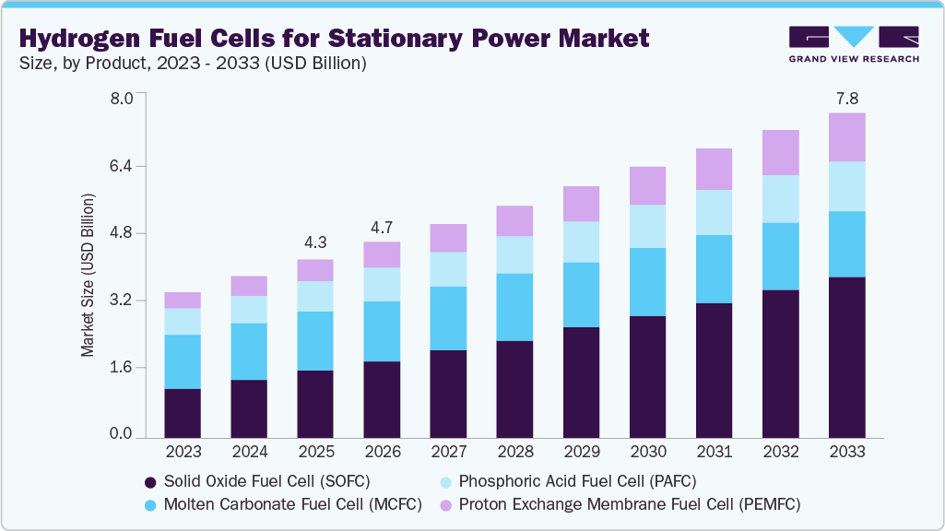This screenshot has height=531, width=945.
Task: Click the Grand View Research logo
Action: (x=853, y=44)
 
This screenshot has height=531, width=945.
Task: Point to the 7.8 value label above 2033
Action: (x=846, y=97)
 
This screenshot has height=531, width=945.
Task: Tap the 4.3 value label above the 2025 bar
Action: (x=315, y=243)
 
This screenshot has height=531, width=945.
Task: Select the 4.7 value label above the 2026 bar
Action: (x=382, y=226)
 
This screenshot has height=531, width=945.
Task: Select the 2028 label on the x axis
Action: (x=514, y=453)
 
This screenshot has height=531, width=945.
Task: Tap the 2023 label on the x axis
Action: (x=183, y=453)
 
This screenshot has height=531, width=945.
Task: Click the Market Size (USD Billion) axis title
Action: (x=89, y=275)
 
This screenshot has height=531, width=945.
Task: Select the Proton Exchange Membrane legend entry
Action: (x=620, y=504)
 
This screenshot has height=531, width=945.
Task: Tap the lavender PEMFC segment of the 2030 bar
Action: (x=647, y=185)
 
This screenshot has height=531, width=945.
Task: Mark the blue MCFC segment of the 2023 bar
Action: (x=183, y=361)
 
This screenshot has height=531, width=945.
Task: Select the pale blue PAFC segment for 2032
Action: (x=780, y=198)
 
